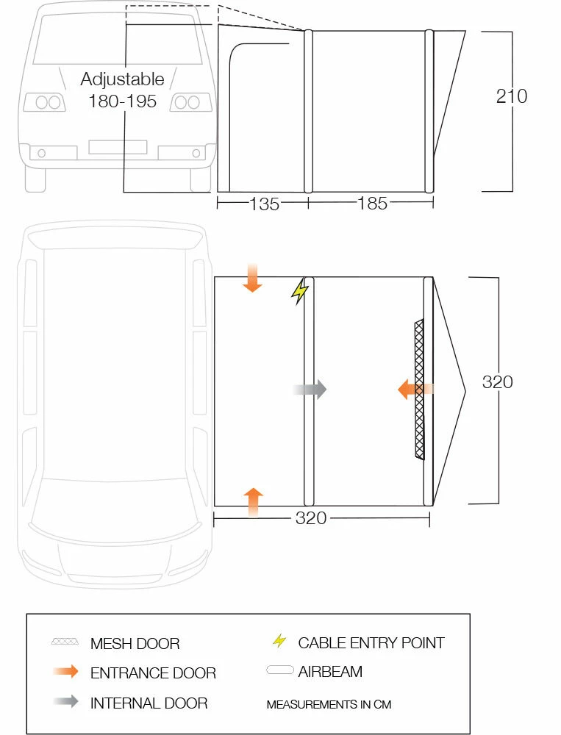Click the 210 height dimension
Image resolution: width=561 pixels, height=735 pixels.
coord(512,96)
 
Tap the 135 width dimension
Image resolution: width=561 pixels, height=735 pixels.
coord(264,204)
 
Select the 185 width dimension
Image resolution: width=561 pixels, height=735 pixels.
coord(372,204)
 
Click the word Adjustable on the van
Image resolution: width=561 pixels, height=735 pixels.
coord(123,79)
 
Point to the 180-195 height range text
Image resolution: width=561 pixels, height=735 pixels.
coord(123,101)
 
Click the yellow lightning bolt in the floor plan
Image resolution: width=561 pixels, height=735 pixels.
coord(299,292)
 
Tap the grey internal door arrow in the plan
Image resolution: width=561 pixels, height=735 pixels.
coord(310,390)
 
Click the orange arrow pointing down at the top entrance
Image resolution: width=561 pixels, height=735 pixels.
coord(252,279)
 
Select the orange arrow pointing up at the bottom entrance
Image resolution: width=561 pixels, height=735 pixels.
coord(253,501)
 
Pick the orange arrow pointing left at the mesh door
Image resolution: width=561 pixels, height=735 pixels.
coord(414,390)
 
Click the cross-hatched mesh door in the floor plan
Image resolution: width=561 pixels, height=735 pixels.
coord(420,390)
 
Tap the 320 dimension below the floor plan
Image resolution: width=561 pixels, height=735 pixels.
coord(311,518)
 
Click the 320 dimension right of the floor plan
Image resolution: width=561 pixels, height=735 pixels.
coord(498,382)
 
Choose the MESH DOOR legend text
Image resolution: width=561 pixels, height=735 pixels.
coord(135,644)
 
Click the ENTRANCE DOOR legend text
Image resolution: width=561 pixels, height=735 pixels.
coord(153,673)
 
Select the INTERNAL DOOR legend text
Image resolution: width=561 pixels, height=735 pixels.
coord(149,703)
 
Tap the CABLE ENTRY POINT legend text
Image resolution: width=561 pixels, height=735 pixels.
coord(371,643)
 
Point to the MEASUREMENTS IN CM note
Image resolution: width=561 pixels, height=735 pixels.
coord(329,705)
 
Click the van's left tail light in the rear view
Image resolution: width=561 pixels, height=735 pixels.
coord(45,102)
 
